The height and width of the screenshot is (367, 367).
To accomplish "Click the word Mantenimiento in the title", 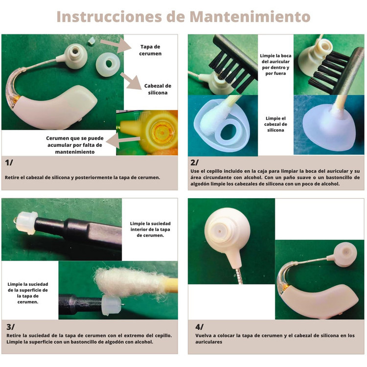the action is click(250, 17).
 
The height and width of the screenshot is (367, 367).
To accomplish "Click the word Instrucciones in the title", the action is click(109, 17).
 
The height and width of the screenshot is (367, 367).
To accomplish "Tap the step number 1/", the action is click(9, 162).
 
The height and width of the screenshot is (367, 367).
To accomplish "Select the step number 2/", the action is click(195, 162).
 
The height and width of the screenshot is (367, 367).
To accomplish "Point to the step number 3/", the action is click(10, 327).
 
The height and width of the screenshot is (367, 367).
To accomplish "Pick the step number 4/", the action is click(200, 327).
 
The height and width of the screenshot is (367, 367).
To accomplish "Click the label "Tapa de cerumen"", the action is click(150, 50).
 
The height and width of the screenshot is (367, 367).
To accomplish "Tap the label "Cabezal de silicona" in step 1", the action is click(158, 89).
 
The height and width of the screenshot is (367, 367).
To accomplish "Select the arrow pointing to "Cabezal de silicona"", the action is click(131, 81).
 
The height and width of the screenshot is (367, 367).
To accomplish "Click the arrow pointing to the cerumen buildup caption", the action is click(123, 140).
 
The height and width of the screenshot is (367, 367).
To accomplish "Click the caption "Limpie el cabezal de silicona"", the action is click(275, 124).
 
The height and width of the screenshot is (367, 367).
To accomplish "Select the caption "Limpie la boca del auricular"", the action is click(275, 65).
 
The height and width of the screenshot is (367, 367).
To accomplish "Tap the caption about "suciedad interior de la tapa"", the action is click(150, 229).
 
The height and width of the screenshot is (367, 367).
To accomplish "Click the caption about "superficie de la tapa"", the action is click(27, 293).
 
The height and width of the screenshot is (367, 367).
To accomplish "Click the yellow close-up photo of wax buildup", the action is click(147, 133).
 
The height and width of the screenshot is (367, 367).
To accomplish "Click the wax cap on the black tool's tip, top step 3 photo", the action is click(26, 223).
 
